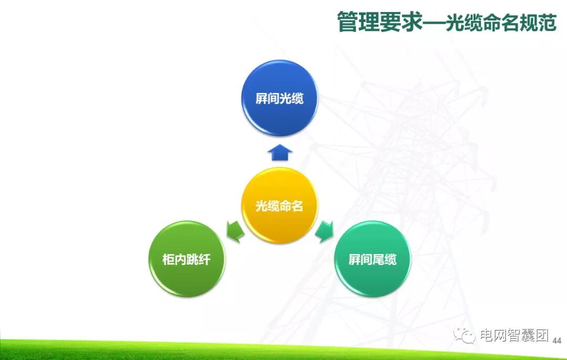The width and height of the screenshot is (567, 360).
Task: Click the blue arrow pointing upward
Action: coord(279,152)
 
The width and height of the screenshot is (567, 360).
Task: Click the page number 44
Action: coord(557,341)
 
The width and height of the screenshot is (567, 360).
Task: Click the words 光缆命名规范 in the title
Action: coord(501,22)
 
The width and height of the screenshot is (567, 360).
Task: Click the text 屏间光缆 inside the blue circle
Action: coord(279,99)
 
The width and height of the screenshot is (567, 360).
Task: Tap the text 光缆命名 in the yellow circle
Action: coord(279,206)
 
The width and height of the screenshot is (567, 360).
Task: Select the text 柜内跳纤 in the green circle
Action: coord(186,259)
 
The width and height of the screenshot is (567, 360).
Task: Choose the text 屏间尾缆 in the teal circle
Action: coord(372,259)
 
